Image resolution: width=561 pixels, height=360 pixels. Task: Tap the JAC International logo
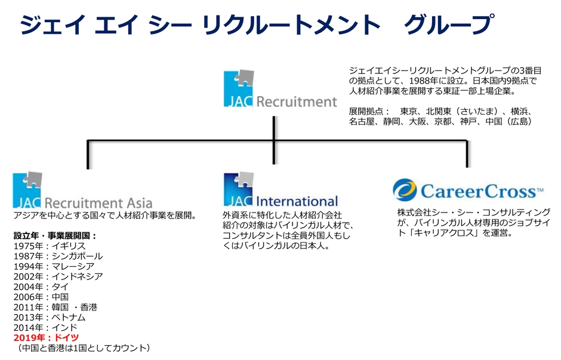(x=280, y=190)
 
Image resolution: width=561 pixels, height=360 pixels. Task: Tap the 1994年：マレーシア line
(x=54, y=266)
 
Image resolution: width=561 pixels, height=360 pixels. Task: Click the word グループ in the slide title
(x=448, y=25)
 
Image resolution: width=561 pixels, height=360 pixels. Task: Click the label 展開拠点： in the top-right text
(x=369, y=112)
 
